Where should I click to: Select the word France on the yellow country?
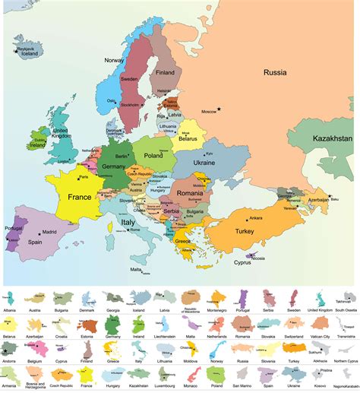(78, 176)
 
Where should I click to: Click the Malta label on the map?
(135, 269)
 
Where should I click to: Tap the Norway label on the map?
(114, 60)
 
